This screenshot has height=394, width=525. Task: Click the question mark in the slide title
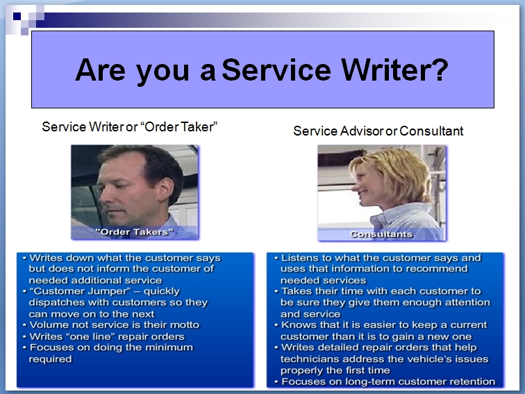(x=440, y=69)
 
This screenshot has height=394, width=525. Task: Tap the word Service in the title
(x=276, y=69)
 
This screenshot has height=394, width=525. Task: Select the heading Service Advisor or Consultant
(x=378, y=131)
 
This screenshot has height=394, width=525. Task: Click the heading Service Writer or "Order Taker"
(x=130, y=126)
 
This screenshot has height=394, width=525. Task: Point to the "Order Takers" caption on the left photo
(x=134, y=232)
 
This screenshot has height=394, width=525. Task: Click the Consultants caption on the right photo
(x=381, y=234)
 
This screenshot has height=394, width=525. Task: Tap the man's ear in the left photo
(x=166, y=189)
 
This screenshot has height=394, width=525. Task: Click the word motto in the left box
(x=185, y=325)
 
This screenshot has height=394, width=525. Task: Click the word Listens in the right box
(x=300, y=258)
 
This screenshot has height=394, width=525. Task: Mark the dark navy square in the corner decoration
(x=17, y=16)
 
